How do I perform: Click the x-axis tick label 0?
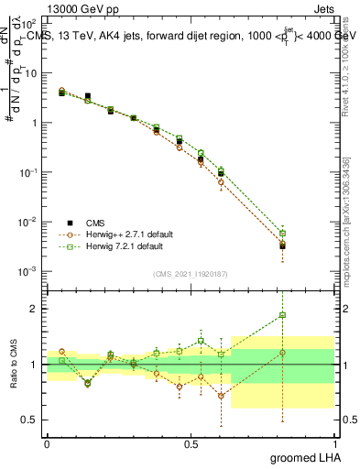(x=47, y=443)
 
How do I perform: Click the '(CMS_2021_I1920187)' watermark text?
(x=191, y=272)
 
